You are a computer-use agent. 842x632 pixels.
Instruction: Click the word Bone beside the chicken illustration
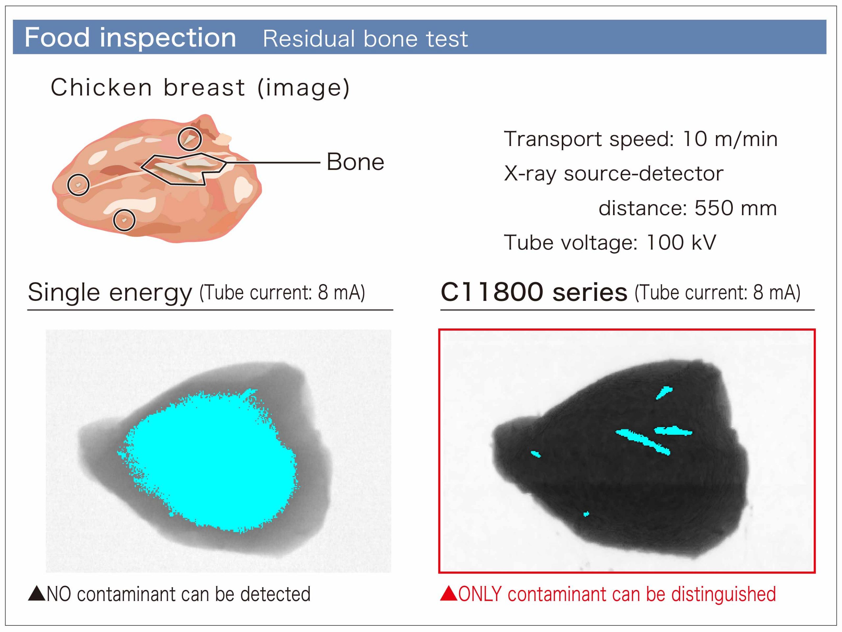pos(355,162)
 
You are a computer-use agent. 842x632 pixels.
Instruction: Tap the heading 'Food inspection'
pos(130,38)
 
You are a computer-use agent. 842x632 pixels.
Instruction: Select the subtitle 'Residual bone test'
pos(365,39)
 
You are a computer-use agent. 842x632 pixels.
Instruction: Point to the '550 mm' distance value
pos(735,208)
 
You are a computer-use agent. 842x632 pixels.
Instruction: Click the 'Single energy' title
pos(110,293)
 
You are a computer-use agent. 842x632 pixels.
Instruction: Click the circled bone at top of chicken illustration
pos(189,139)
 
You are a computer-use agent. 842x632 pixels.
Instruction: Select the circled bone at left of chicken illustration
pos(78,184)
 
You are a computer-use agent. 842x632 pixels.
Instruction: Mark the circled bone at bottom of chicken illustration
pos(124,220)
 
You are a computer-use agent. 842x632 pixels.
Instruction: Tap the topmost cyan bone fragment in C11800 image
pos(664,392)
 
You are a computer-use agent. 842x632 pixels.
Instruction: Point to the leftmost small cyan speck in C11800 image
pos(535,453)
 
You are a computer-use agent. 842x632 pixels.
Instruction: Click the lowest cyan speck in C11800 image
pos(586,514)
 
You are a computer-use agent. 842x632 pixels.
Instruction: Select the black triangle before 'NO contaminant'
pos(37,594)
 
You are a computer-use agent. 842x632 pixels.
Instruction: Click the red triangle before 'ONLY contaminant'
pos(448,594)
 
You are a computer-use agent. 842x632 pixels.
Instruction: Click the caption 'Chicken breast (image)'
pos(200,87)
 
